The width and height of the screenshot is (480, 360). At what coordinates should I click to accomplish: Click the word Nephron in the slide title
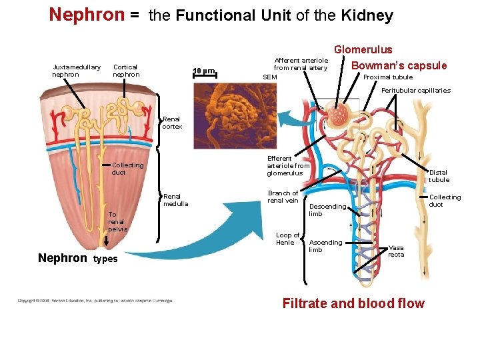87,15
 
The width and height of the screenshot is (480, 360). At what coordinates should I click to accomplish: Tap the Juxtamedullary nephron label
76,71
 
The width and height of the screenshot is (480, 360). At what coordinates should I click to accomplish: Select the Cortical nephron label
126,71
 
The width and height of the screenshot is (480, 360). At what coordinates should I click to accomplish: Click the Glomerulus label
363,49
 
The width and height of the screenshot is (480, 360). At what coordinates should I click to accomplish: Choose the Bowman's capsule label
399,65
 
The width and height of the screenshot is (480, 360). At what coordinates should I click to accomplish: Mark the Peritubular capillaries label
415,91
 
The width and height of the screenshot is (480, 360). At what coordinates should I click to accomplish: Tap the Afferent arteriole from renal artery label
301,64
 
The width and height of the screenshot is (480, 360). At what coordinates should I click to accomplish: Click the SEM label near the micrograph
269,77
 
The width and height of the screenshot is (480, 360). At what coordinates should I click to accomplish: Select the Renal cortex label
172,123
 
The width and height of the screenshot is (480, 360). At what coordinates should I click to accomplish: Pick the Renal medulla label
175,200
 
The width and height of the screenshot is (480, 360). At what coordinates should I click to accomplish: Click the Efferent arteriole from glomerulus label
288,166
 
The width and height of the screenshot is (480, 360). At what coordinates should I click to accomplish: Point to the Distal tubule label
439,176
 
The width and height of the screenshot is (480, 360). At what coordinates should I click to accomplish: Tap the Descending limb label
327,210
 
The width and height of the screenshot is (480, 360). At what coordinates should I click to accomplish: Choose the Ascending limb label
325,246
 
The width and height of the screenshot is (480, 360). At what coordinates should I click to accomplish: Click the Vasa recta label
396,251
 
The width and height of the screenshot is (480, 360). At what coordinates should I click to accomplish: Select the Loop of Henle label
287,239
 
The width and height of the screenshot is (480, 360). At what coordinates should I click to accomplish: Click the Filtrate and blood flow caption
353,304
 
